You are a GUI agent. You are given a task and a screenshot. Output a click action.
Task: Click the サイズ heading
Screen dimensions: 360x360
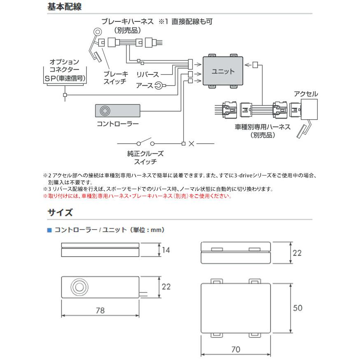point(60,213)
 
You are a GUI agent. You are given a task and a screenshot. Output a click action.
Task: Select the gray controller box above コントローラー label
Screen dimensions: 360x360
point(118,111)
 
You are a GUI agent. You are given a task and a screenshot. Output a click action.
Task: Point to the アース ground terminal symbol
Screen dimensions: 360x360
point(158,86)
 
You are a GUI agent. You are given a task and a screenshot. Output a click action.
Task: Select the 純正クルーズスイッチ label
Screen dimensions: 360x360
point(145,158)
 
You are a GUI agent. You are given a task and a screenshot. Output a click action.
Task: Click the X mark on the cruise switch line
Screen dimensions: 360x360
point(192,144)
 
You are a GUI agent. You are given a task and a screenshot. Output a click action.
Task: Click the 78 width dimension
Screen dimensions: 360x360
point(100,311)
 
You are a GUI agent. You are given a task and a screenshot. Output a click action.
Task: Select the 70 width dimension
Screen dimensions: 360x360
point(236,349)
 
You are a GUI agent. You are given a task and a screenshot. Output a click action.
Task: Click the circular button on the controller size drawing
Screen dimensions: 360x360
point(78,287)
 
